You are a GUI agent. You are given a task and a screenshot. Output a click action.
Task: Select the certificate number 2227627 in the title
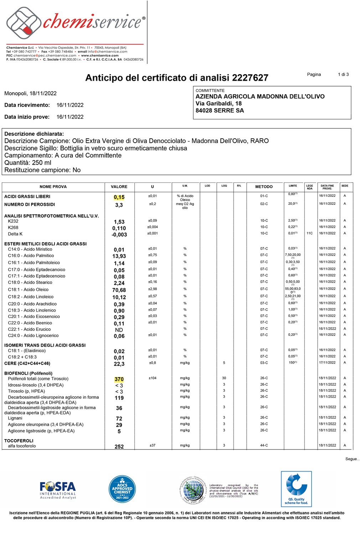(250, 78)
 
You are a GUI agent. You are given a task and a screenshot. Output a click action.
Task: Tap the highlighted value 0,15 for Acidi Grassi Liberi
(119, 197)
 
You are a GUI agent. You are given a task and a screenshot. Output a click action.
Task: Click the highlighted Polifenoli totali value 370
(119, 379)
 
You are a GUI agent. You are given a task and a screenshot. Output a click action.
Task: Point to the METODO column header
(264, 186)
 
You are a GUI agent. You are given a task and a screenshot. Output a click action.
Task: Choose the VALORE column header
(119, 186)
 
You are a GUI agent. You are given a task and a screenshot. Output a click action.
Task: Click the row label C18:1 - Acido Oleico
(28, 289)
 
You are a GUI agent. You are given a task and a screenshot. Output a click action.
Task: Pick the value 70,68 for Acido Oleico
(119, 290)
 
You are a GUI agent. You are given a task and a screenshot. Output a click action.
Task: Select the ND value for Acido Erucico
(119, 330)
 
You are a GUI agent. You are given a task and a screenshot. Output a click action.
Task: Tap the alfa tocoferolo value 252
(119, 447)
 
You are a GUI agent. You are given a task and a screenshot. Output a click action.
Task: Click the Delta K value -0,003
(119, 235)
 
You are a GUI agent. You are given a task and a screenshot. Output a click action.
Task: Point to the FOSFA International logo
(58, 490)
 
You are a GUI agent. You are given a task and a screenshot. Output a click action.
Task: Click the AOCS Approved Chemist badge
(122, 489)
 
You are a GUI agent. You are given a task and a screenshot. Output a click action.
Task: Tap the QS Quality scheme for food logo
(296, 489)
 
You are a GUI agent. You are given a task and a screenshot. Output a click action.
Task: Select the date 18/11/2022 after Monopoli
(43, 93)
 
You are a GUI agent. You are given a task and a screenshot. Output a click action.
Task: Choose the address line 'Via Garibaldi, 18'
(218, 103)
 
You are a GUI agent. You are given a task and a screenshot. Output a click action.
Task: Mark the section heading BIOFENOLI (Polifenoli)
(28, 373)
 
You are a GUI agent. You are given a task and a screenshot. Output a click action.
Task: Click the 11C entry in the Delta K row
(309, 233)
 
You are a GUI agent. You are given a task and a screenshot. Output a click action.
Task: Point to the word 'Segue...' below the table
(352, 459)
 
